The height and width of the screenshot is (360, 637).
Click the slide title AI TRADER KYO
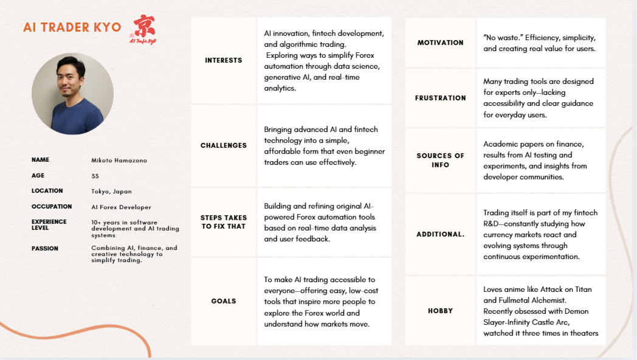coord(72,28)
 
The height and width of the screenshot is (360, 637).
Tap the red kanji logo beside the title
coord(143,28)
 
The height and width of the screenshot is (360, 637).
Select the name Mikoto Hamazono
coord(119,160)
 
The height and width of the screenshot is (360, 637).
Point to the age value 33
coord(95,176)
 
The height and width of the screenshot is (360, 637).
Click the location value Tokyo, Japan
coord(111,191)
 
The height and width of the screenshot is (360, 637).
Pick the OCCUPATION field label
coord(52,207)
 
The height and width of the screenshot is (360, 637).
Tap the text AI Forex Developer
coord(121,207)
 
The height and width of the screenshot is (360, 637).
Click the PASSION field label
coord(45,248)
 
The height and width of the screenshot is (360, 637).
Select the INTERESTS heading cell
coord(224,60)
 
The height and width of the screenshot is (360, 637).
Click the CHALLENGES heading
coord(224,146)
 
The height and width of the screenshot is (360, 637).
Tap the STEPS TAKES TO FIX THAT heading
coord(224,222)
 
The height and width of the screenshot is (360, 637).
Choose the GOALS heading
coord(224,301)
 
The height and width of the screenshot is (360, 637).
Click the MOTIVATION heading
coord(440,43)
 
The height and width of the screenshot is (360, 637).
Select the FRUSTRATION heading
coord(440,98)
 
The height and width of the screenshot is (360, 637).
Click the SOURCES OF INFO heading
coord(440,160)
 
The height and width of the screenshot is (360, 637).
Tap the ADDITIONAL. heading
coord(440,234)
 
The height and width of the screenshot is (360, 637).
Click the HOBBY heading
coord(440,311)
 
